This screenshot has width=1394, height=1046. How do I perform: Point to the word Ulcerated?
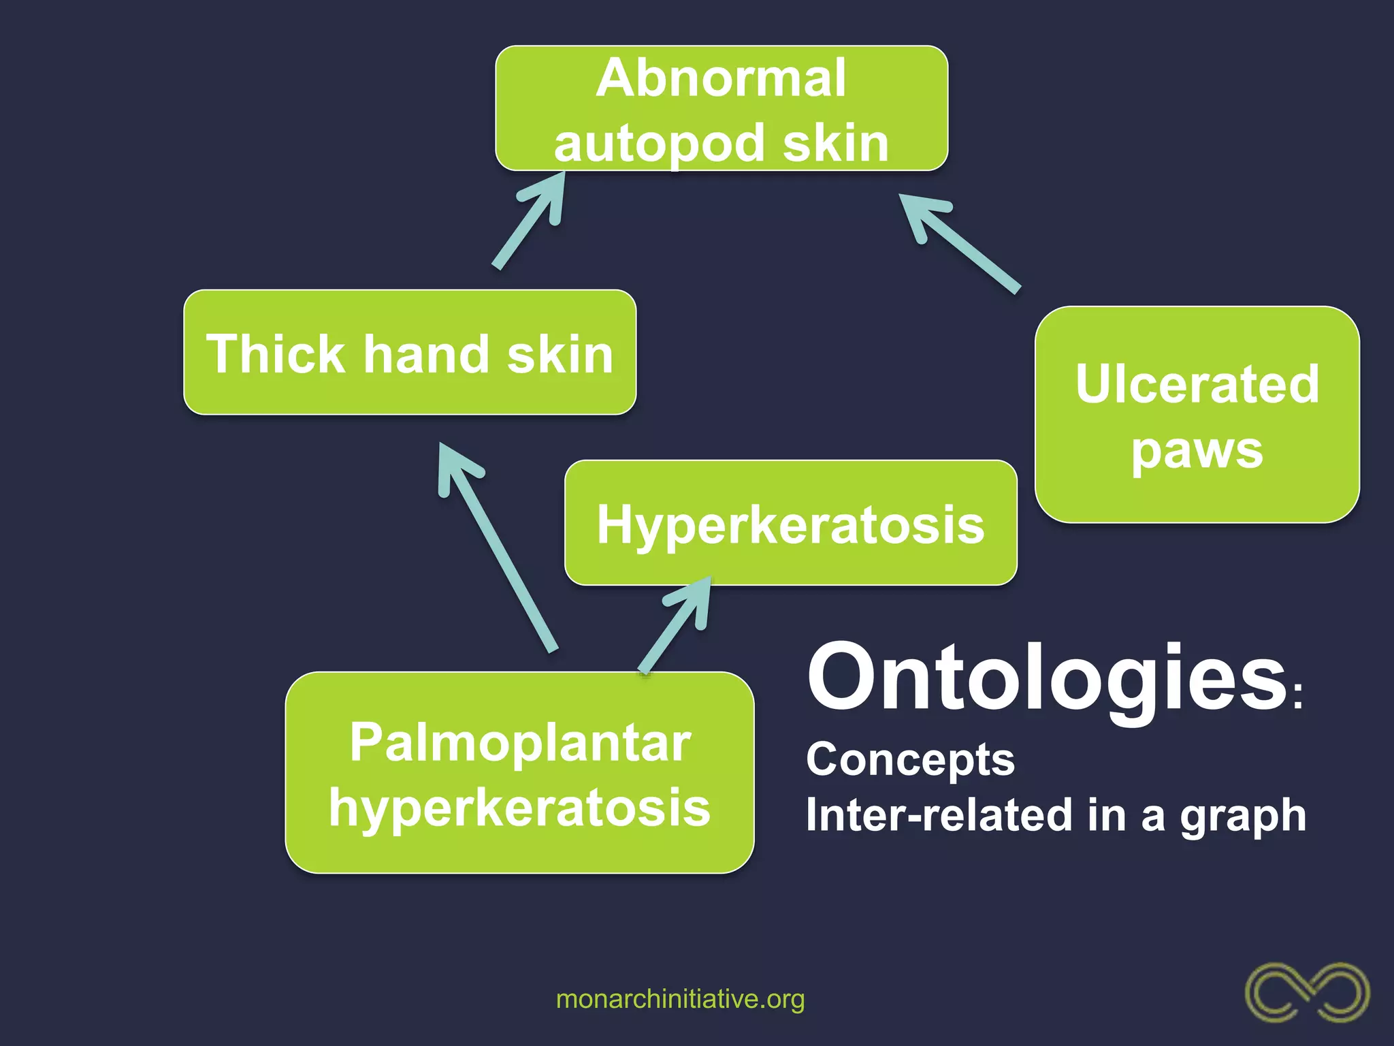pos(1197,384)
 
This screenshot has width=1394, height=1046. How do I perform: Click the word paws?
pos(1197,451)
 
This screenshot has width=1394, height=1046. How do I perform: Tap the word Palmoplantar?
pos(520,742)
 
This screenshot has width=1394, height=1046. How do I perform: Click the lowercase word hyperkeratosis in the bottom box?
pos(520,808)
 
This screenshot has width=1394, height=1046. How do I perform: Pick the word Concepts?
pos(910,759)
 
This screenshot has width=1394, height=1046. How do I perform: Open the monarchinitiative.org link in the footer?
pos(680,999)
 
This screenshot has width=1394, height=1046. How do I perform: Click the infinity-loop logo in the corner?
pos(1307,992)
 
